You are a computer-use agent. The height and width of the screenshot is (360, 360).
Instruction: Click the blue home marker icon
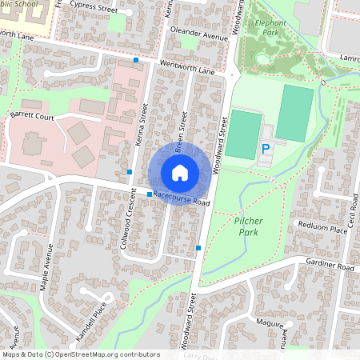[180, 172]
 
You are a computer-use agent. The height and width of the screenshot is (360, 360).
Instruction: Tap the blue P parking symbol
[266, 149]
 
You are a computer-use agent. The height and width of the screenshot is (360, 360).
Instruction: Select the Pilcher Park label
[250, 225]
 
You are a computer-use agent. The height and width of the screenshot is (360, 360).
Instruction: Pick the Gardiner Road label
[328, 266]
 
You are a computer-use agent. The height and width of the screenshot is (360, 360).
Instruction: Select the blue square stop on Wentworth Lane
[136, 60]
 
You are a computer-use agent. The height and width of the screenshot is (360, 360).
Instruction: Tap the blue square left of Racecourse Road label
[150, 194]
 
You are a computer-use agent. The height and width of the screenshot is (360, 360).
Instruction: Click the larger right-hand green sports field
[295, 114]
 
